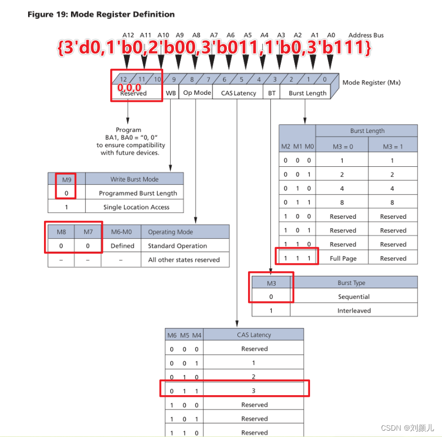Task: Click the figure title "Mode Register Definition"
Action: [101, 14]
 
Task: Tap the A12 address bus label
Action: [128, 35]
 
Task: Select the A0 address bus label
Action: [331, 35]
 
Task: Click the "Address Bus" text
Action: [366, 35]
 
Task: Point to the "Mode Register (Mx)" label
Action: [372, 83]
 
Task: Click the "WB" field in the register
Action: [171, 93]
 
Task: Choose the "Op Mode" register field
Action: [197, 93]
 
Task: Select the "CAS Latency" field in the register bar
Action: [238, 93]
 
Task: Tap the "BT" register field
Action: [272, 93]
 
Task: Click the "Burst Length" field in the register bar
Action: [307, 93]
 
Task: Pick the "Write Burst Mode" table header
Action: [134, 179]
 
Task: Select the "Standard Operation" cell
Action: [170, 246]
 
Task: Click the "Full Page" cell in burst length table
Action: [342, 258]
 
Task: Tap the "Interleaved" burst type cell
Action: [353, 310]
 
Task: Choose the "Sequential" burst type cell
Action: [353, 297]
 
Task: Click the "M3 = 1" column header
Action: [393, 146]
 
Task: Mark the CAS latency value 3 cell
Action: [253, 390]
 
